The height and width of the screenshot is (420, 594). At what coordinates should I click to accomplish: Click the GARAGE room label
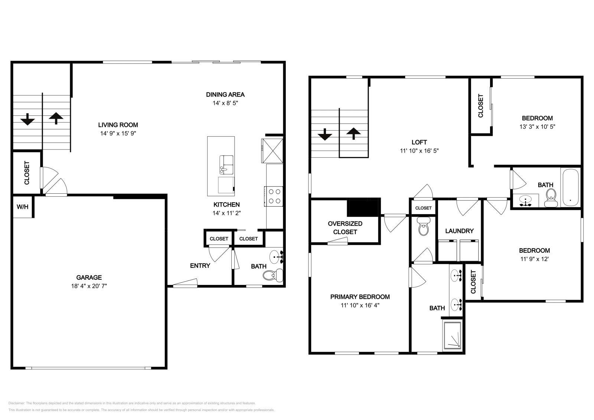click(89, 277)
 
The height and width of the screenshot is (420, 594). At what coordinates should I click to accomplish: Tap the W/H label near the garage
click(23, 207)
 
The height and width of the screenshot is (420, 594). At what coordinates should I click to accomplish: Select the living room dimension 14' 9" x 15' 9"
click(118, 133)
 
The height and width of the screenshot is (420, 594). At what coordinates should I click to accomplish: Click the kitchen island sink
click(226, 165)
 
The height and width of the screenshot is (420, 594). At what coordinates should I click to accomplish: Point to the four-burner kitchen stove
click(274, 196)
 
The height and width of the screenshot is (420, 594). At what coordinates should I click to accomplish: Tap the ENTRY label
click(200, 266)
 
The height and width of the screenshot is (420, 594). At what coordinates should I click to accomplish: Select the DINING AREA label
click(225, 95)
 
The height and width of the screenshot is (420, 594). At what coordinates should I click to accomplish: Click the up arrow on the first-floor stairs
click(56, 118)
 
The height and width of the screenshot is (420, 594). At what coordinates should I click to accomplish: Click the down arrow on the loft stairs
click(325, 134)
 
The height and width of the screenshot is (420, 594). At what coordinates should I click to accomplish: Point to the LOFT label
click(419, 142)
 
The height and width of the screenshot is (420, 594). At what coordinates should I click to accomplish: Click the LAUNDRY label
click(459, 231)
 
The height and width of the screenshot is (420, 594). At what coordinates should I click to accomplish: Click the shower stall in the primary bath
click(453, 335)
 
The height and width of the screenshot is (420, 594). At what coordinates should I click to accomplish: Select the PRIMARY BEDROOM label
click(360, 297)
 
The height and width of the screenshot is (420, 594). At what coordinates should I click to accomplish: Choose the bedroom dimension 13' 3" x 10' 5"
click(537, 127)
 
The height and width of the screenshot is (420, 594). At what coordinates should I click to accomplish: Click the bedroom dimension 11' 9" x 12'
click(534, 259)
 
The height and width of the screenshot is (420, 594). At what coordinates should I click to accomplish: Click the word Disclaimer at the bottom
click(16, 403)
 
